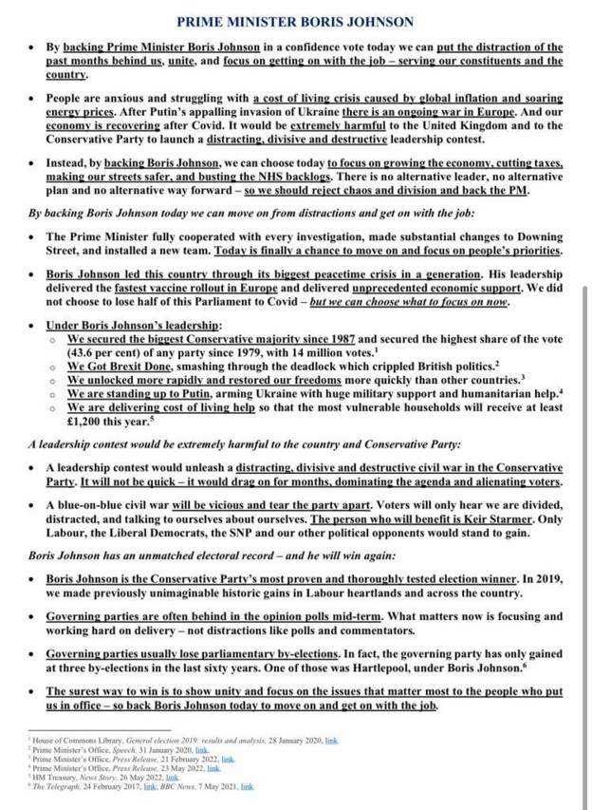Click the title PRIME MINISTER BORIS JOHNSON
tap(295, 20)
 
